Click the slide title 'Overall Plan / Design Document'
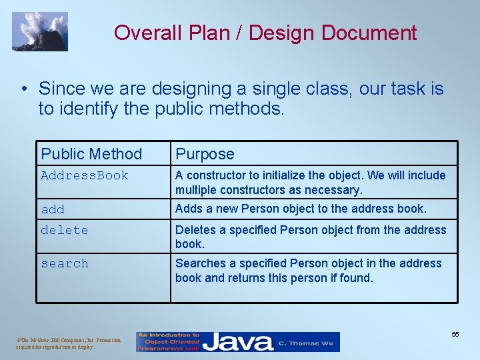coord(265,33)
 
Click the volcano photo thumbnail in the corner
coord(40,31)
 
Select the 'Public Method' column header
coord(91,154)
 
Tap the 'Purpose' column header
coord(205,154)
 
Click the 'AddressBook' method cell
coord(85,175)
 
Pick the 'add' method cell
coord(53,209)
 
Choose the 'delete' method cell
coord(64,230)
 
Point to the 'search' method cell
coord(64,263)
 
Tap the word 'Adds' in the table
coord(189,209)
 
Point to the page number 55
coord(455,334)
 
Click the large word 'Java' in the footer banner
coord(238,342)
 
